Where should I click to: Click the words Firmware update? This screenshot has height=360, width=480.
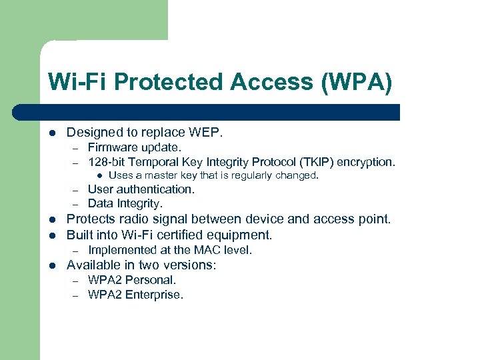[x=134, y=147]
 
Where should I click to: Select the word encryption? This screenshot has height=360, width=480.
[x=367, y=161]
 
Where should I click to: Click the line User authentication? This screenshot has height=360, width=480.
[x=141, y=189]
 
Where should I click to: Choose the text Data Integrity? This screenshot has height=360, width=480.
[x=125, y=203]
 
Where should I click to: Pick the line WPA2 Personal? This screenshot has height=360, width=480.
[x=132, y=280]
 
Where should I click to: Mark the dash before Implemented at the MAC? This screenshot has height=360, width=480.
[x=77, y=251]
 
